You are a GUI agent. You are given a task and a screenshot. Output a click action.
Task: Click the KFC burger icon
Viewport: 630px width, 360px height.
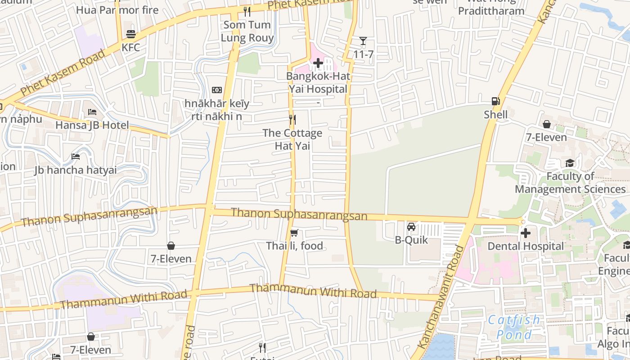click(131, 34)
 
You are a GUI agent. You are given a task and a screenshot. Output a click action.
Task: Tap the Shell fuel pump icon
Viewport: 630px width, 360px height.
click(496, 101)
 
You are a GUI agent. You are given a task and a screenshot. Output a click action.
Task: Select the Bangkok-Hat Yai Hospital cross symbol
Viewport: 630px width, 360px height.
click(318, 63)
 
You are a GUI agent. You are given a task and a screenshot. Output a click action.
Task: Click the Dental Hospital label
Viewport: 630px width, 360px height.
click(526, 246)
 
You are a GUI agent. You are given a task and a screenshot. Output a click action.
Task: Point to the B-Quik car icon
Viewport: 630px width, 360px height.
click(411, 227)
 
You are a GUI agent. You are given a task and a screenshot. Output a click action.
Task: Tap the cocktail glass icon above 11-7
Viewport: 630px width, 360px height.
click(363, 41)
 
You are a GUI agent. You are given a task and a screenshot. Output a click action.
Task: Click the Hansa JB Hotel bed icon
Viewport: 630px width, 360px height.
click(92, 112)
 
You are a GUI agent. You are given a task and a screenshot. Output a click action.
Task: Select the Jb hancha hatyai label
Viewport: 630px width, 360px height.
click(76, 170)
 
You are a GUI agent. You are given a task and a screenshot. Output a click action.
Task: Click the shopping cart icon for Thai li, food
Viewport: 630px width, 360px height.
click(294, 233)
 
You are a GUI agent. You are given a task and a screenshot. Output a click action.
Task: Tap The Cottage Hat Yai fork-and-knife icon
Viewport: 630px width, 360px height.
click(292, 119)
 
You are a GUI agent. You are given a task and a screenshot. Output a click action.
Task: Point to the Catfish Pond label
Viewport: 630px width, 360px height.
click(514, 327)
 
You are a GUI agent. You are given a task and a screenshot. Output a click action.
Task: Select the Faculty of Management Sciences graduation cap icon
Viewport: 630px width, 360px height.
click(570, 163)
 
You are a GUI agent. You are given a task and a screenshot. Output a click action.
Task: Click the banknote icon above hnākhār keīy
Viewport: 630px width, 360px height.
click(217, 90)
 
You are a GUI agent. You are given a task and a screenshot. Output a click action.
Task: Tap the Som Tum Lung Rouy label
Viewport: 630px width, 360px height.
click(247, 31)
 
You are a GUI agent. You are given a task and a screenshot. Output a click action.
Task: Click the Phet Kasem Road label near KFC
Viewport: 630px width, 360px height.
click(63, 72)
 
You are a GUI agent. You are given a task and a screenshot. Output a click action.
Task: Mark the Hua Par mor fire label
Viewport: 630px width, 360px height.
click(117, 10)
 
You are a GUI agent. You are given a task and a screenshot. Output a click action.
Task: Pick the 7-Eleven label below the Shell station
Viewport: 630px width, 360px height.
click(546, 137)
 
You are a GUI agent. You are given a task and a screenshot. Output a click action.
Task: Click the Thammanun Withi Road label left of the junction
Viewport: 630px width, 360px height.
click(123, 299)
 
